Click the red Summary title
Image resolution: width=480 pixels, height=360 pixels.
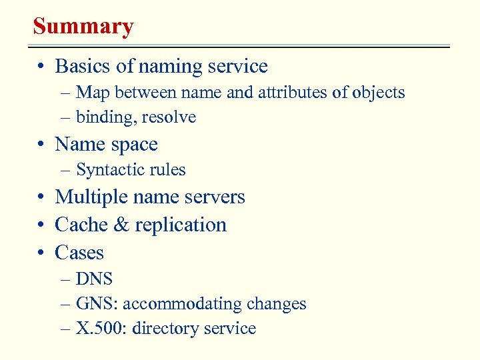point(83,27)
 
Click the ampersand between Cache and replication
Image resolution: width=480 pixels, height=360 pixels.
point(121,225)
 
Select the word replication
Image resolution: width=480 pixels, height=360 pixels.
point(181,225)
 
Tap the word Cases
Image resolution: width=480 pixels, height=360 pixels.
point(79,253)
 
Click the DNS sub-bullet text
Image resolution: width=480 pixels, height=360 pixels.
point(94,279)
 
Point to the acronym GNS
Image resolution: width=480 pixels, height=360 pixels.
point(95,304)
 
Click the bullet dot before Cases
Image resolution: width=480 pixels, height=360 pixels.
point(41,253)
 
